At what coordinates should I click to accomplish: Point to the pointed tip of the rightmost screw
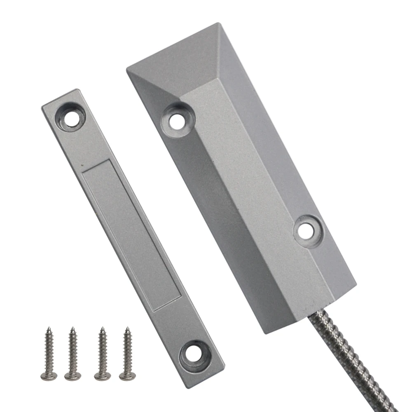[x=127, y=328]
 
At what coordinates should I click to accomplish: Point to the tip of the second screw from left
[x=72, y=328]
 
